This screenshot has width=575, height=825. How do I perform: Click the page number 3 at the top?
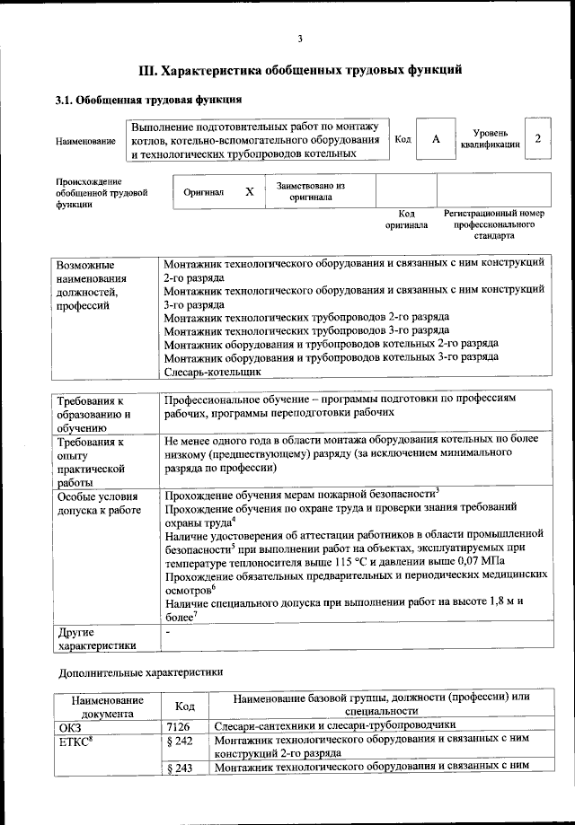coord(300,37)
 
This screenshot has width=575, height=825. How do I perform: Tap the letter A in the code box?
coord(436,139)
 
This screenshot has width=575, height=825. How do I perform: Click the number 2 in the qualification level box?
coord(537,138)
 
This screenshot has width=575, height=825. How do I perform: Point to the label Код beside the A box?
coord(403,140)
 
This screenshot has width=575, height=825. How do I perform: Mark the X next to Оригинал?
coord(250,191)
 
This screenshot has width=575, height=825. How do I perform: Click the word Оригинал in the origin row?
coord(203,192)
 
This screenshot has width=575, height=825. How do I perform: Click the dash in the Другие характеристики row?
coord(168,632)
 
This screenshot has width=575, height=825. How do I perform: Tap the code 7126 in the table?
coord(179,724)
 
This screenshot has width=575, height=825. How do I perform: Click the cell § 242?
coord(181,741)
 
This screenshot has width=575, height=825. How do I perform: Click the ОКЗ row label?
coord(70,724)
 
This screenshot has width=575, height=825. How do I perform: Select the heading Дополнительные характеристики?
coord(141,671)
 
